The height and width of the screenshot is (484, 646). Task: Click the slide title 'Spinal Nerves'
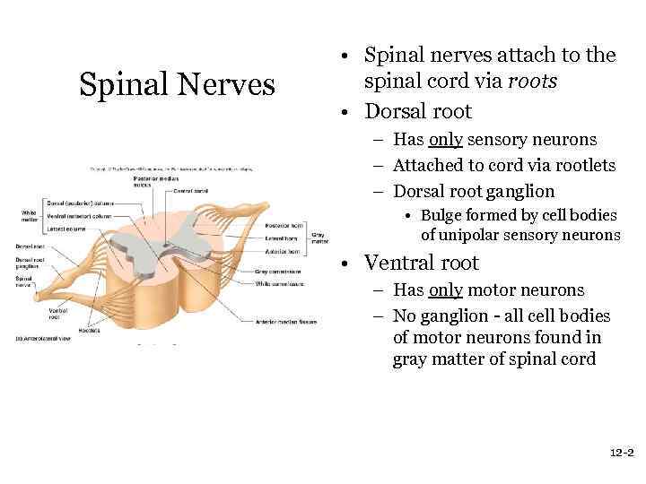[177, 85]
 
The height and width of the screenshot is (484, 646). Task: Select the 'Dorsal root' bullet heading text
[417, 112]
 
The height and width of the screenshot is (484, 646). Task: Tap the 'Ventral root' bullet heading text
[421, 264]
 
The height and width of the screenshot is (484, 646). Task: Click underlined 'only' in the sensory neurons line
[445, 140]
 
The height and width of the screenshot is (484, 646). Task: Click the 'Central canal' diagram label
[190, 191]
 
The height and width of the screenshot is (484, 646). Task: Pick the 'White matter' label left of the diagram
[30, 215]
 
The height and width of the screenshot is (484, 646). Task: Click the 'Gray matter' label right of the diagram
[319, 238]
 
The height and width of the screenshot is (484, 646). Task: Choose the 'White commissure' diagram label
[279, 283]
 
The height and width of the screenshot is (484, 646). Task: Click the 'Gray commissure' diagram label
[277, 272]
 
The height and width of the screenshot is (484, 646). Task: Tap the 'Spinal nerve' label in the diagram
[25, 281]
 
